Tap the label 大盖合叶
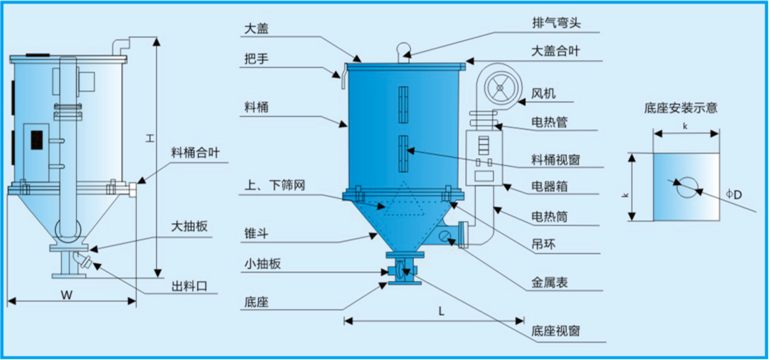click(x=557, y=52)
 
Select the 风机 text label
click(x=543, y=94)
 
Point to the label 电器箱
click(x=550, y=186)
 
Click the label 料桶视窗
click(x=556, y=158)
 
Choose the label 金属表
click(x=550, y=283)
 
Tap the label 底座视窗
click(x=556, y=331)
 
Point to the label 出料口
click(x=189, y=286)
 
